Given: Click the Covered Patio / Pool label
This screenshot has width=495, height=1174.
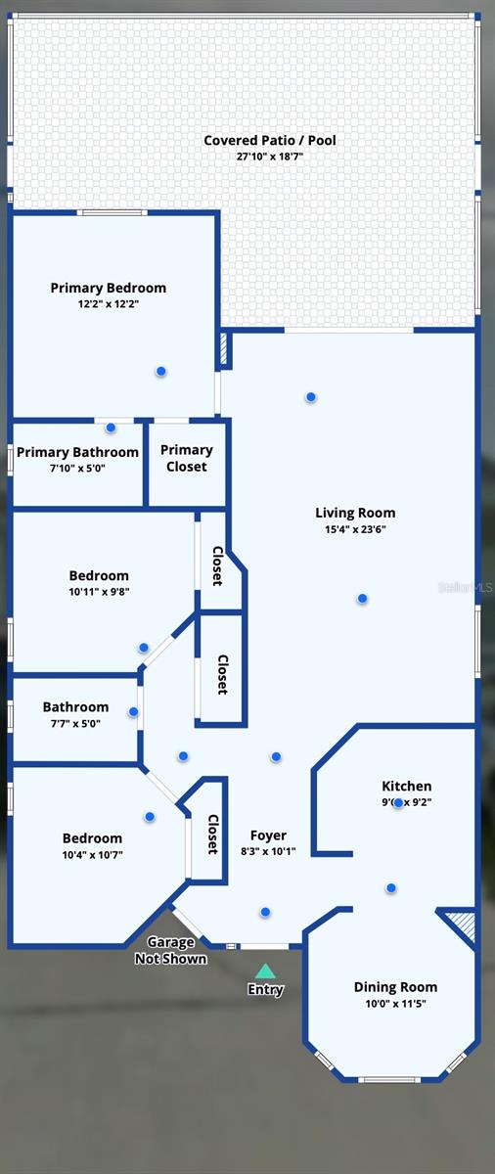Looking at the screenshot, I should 269,141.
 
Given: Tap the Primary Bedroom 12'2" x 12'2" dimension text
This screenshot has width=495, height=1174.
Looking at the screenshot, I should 109,304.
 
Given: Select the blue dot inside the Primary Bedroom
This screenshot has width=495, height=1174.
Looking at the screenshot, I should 160,371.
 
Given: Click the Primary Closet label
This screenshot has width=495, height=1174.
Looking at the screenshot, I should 187,458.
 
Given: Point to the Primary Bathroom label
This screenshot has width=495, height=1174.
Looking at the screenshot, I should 77,452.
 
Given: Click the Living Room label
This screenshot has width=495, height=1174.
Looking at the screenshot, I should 355,513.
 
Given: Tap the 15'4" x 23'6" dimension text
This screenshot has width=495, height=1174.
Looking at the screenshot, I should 355,529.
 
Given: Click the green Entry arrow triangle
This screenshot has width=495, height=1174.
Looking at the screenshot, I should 265,971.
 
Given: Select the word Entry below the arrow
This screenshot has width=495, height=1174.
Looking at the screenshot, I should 265,990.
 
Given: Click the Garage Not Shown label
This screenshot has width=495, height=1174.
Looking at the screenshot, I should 170,950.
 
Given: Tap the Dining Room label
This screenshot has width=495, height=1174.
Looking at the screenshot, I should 395,987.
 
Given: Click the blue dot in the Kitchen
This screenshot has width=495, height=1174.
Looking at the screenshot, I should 398,802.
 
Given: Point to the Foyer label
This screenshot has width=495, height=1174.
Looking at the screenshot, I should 268,835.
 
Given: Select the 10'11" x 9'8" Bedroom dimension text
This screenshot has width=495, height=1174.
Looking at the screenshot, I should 99,592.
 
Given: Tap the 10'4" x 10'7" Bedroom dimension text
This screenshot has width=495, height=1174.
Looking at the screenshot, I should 92,854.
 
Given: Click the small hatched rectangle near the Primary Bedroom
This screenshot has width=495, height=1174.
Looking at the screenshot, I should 225,350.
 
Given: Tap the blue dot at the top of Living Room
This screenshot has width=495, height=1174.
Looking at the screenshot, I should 310,396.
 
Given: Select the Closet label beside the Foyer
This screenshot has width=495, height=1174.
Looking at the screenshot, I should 212,834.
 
